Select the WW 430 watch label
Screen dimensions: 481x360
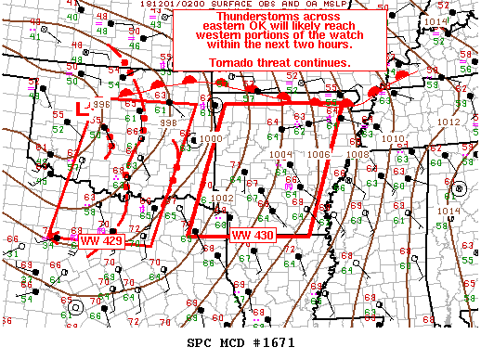(251, 236)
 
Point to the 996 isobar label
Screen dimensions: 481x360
(99, 105)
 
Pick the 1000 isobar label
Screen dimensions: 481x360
(211, 137)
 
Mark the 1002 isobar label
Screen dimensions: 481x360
(221, 198)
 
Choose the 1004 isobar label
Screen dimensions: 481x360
(280, 154)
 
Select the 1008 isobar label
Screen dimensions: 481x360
(357, 155)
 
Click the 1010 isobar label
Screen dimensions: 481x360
(393, 138)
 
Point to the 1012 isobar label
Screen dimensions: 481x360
(448, 122)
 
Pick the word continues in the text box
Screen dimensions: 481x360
(321, 62)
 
